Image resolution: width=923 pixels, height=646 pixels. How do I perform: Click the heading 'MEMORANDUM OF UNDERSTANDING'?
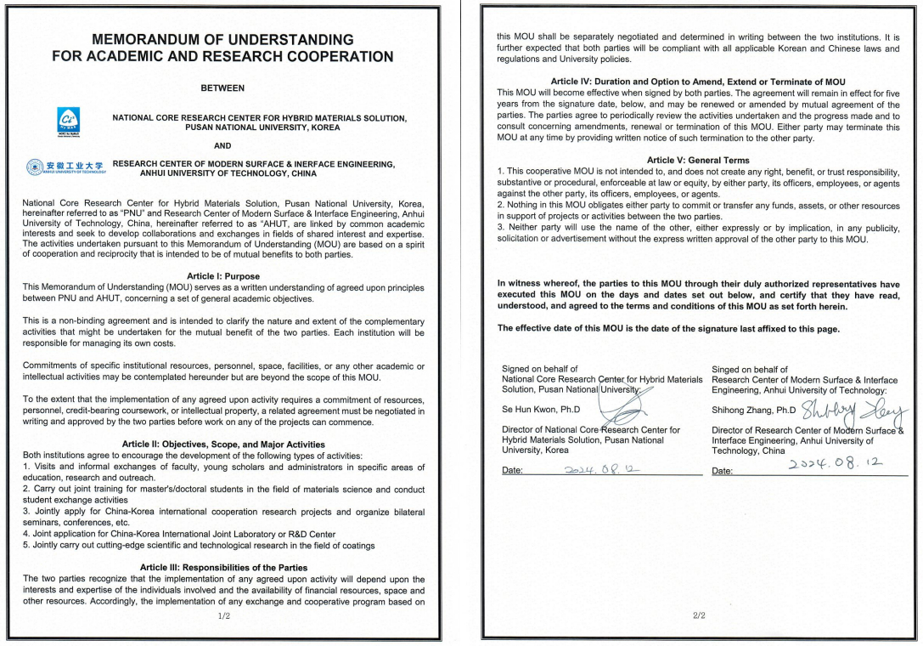[x=222, y=40]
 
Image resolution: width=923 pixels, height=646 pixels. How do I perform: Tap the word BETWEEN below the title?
[x=222, y=88]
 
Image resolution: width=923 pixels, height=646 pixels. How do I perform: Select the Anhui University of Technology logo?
[x=65, y=167]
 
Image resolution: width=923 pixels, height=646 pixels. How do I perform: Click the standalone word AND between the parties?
[x=222, y=145]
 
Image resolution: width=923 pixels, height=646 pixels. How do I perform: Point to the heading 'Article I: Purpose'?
[x=223, y=276]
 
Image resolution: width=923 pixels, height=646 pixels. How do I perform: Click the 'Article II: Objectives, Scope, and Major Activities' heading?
[x=223, y=444]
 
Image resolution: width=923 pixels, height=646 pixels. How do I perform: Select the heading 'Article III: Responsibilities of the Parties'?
[x=223, y=567]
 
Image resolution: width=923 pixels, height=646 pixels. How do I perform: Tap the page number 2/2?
[x=698, y=615]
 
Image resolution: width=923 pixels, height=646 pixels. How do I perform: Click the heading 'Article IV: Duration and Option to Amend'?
[x=698, y=82]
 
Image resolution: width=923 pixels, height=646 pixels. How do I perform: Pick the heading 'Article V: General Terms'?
[x=698, y=160]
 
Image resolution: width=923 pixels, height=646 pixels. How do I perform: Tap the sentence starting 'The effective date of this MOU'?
[x=668, y=328]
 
